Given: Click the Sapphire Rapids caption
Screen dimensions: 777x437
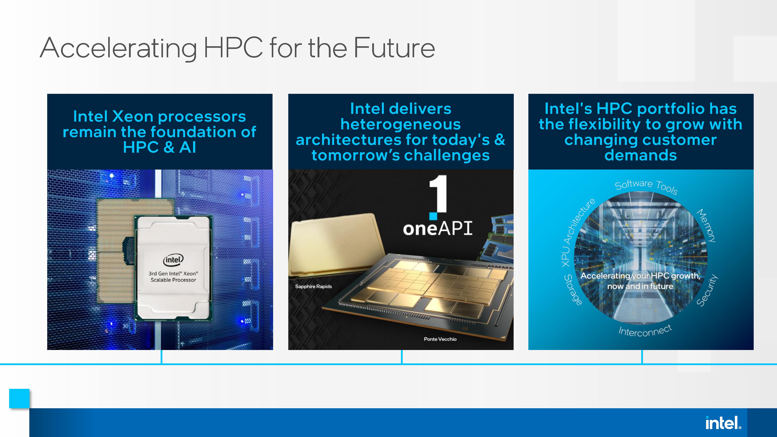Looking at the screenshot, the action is (x=313, y=286).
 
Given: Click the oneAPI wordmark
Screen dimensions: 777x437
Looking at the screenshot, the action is (x=438, y=228).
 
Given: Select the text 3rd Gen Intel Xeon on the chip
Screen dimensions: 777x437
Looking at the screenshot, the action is (x=173, y=273).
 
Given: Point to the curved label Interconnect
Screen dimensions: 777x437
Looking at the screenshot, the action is (x=645, y=331).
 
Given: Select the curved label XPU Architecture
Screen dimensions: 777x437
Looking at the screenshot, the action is (x=578, y=232).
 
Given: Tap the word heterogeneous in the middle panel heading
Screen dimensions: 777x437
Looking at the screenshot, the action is (x=401, y=124).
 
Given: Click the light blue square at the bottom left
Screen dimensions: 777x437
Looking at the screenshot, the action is (x=19, y=398).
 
